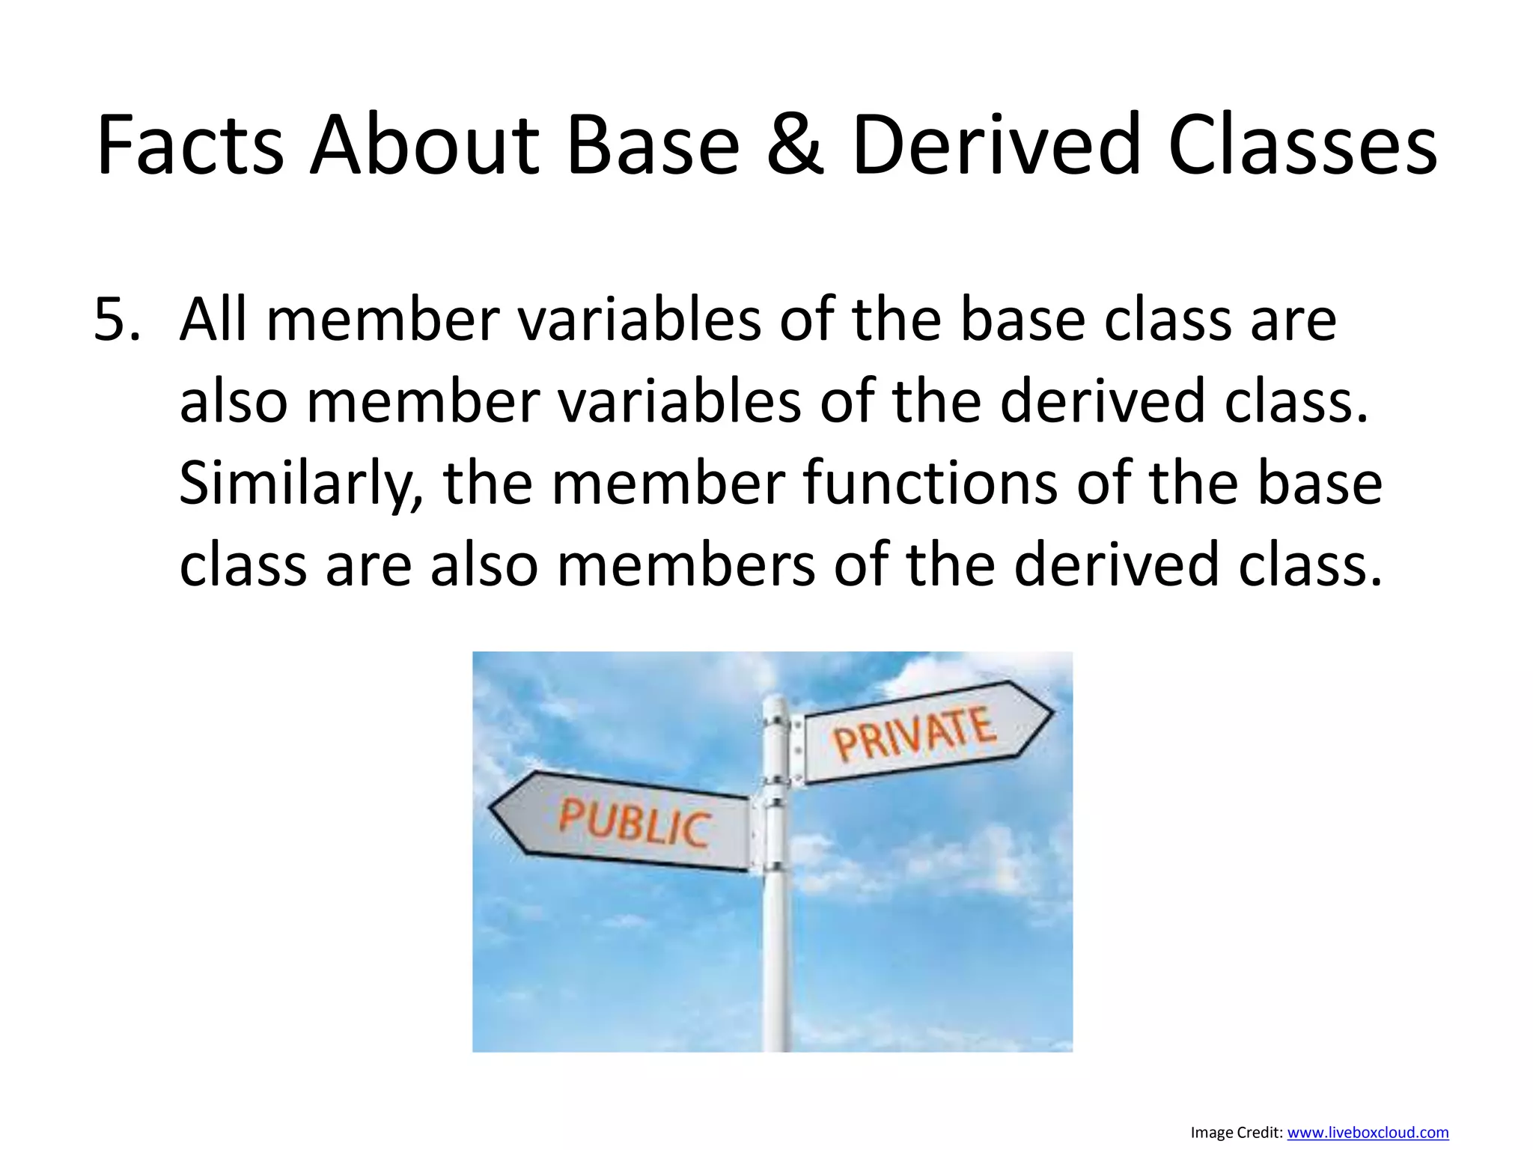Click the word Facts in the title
point(190,146)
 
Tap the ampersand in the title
point(795,146)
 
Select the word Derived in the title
point(996,146)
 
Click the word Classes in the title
point(1302,146)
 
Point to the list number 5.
point(117,320)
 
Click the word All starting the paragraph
point(213,320)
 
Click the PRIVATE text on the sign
point(914,734)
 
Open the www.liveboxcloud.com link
point(1368,1133)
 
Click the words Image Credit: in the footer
point(1237,1133)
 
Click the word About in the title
point(424,146)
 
